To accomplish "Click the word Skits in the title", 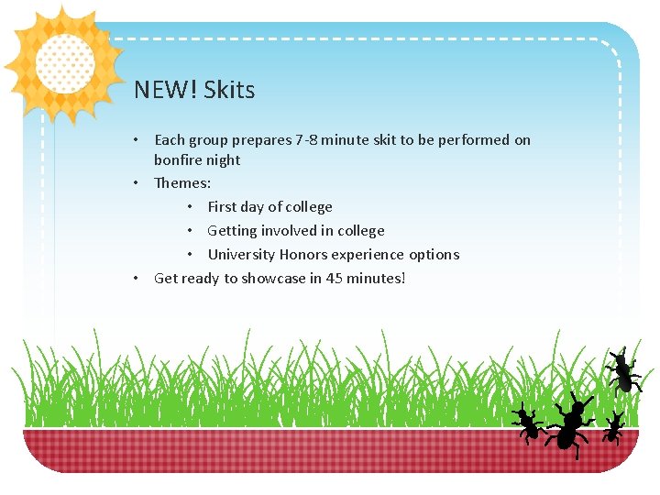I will [229, 90].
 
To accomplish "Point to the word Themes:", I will [182, 183].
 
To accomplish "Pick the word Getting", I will [233, 231].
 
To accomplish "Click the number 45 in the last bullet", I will [335, 278].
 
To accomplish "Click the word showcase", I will [273, 279].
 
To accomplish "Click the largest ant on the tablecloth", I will [570, 423].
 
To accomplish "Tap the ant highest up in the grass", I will [624, 370].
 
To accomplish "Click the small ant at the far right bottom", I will [613, 428].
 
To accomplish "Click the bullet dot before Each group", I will [135, 140].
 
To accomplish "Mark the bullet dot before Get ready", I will [135, 278].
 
